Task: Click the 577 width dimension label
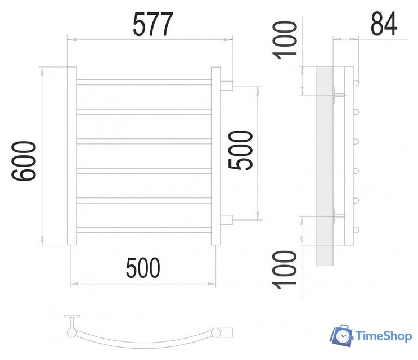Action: tap(153, 24)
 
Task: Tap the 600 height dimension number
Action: tap(24, 161)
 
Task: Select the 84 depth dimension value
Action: tap(384, 24)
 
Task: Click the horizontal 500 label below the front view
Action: tap(143, 268)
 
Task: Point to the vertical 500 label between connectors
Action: tap(240, 150)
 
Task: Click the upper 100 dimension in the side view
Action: tap(285, 40)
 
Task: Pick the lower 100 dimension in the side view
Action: tap(285, 269)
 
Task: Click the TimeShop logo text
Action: tap(383, 336)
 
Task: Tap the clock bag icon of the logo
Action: tap(341, 336)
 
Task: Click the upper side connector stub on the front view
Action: tap(227, 85)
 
